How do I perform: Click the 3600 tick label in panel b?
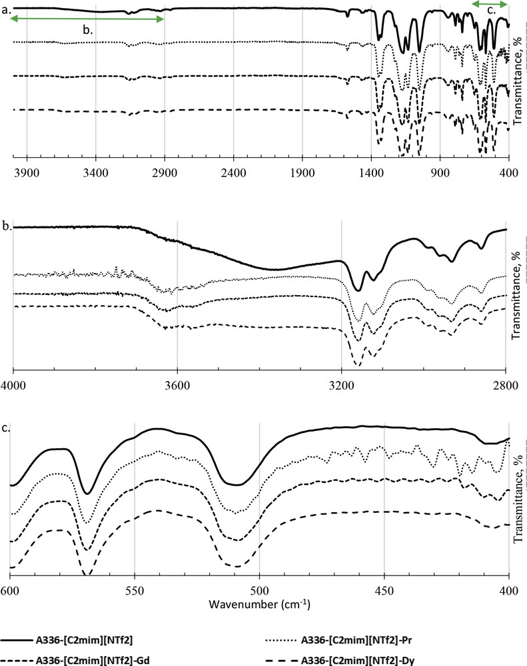pyautogui.click(x=177, y=383)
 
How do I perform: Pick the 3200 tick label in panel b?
pyautogui.click(x=340, y=383)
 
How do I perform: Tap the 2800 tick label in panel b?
pyautogui.click(x=505, y=383)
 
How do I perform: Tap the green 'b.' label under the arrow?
pyautogui.click(x=87, y=30)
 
